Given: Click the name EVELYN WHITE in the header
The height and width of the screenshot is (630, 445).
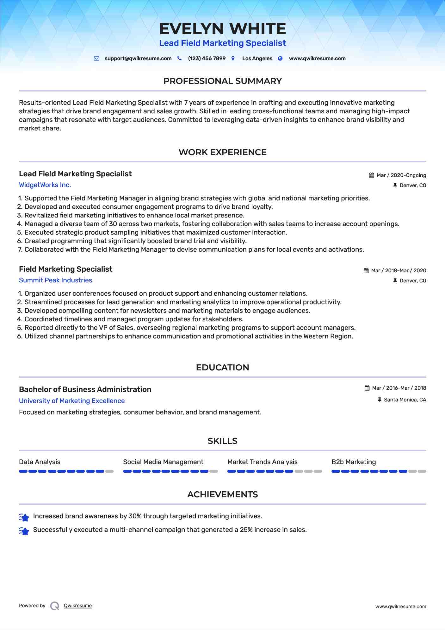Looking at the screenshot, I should point(222,29).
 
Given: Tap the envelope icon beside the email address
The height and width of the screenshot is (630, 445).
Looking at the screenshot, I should point(97,59).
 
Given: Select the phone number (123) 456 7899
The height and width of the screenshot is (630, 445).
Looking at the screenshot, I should point(207,59).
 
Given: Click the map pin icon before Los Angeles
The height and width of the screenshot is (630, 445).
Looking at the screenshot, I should point(233,59).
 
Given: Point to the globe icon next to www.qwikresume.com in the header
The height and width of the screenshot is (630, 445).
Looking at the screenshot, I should point(280,59).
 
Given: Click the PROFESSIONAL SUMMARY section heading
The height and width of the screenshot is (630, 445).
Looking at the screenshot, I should point(222,81).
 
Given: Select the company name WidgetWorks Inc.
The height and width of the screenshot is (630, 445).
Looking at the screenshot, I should point(45,185).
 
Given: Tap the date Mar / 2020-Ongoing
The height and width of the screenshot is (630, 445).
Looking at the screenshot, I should point(401,175).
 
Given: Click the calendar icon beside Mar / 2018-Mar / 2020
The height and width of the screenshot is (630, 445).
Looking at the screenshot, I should point(366,271).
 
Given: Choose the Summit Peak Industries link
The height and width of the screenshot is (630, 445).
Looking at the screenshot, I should point(55,280).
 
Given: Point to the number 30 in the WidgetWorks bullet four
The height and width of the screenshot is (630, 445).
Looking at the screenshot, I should point(113,224).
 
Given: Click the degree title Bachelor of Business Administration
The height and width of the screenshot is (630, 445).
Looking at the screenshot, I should point(85,389).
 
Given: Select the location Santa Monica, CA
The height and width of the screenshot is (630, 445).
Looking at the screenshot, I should point(405,400).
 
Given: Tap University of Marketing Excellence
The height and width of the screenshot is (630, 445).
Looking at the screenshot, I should point(72,401).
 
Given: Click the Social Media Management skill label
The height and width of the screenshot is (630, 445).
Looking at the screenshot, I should point(163,462).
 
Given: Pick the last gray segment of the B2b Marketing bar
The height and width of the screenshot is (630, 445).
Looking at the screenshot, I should point(422,471).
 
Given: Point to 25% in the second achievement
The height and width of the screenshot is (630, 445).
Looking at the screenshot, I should point(246,530).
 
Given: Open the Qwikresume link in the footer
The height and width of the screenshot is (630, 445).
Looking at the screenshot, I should point(78,606).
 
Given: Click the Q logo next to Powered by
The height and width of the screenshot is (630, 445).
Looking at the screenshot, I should point(55,606).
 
